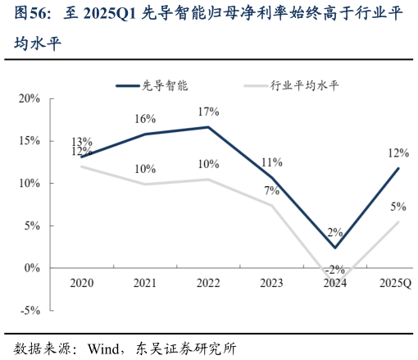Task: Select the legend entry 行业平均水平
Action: (x=304, y=84)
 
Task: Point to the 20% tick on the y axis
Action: (x=30, y=98)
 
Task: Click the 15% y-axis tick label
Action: (x=30, y=141)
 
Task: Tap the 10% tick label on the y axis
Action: (x=30, y=184)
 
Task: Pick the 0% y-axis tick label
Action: (x=32, y=268)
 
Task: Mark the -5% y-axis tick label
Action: (x=30, y=311)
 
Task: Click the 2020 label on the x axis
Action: (x=81, y=283)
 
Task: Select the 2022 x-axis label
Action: (x=208, y=283)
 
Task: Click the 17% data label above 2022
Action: (x=208, y=112)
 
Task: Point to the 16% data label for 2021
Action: (x=145, y=120)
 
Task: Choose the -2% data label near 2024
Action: (x=335, y=269)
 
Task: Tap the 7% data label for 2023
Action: (x=271, y=191)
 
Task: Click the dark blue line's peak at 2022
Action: (x=208, y=127)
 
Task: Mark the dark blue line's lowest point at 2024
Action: (x=335, y=248)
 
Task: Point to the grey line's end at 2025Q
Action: (x=398, y=222)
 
